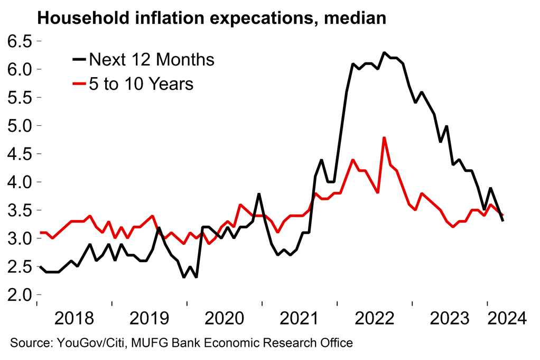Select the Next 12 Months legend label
(152, 60)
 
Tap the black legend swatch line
(79, 60)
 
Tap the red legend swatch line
(79, 84)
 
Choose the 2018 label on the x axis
(75, 318)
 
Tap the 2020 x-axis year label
(225, 318)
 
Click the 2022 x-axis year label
(375, 318)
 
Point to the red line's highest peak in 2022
(384, 137)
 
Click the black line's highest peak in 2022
(384, 53)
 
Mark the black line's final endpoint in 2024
(502, 221)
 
